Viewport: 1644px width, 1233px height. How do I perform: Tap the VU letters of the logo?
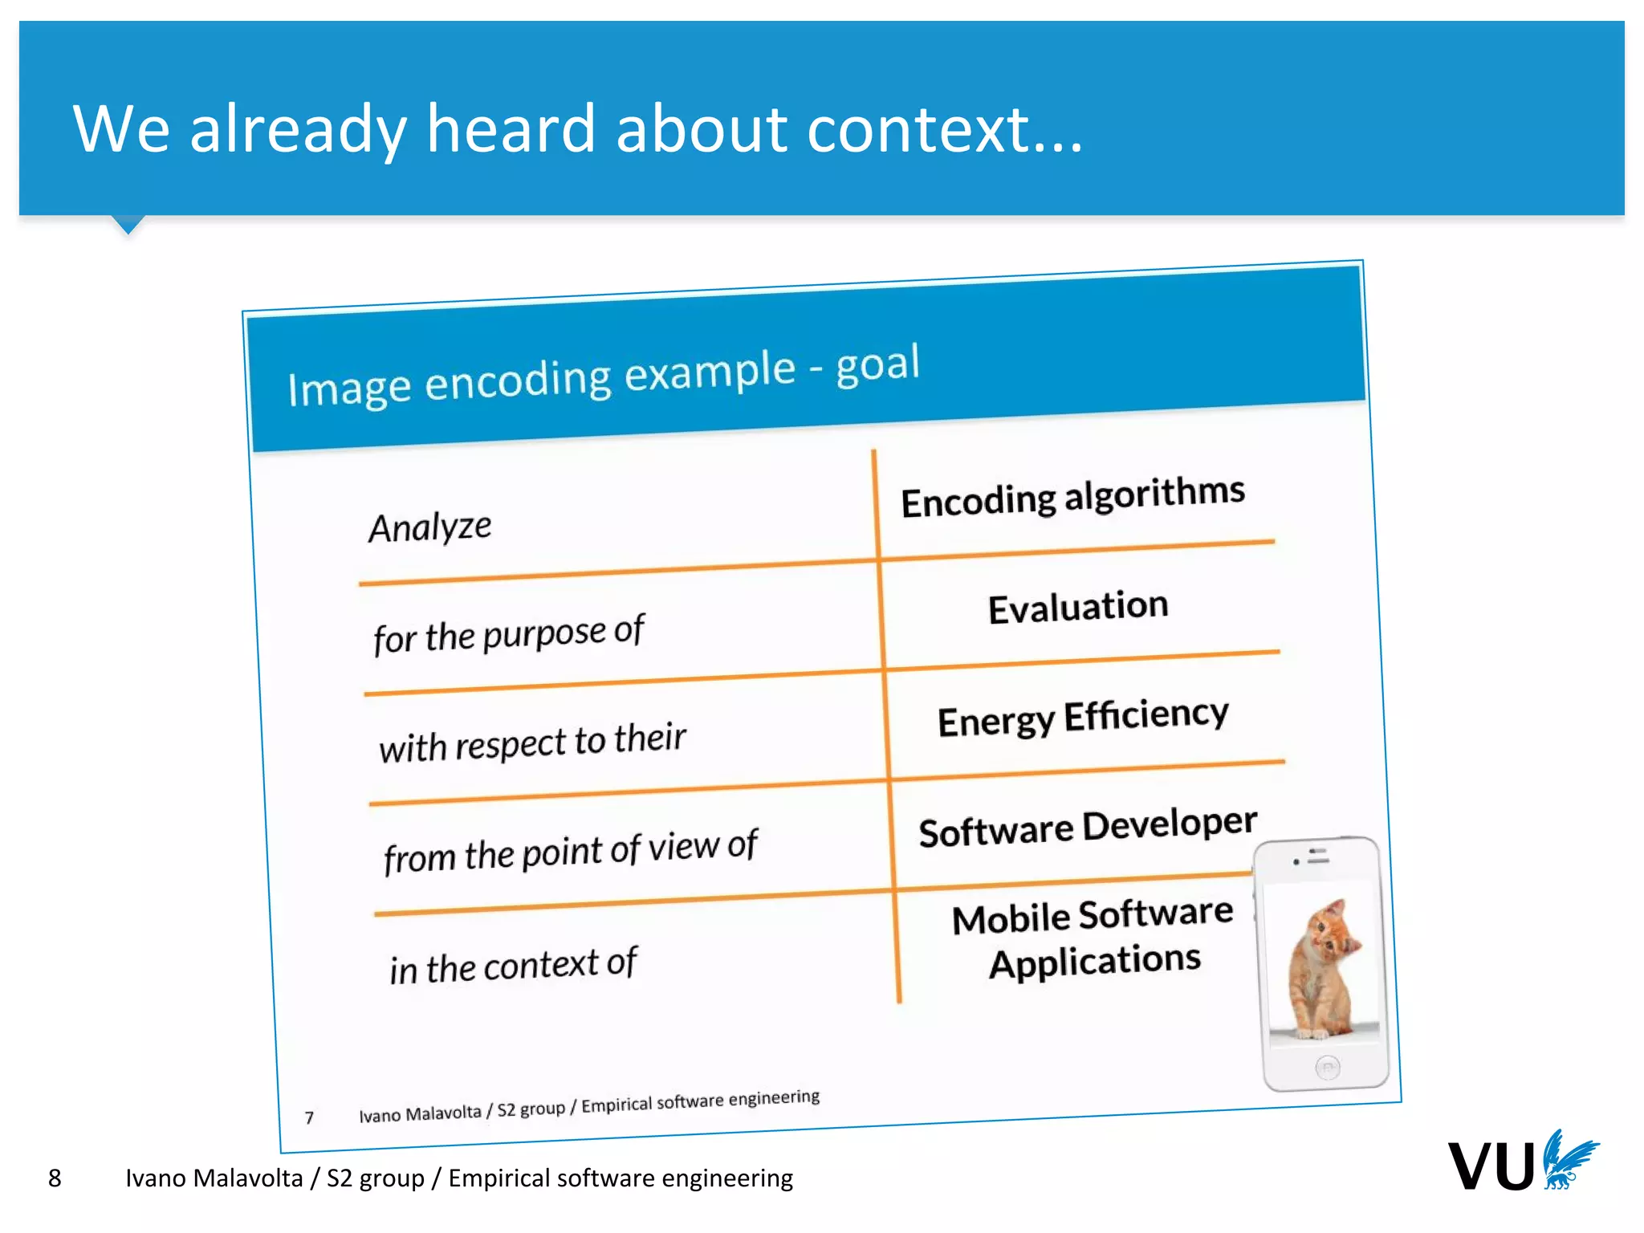point(1490,1166)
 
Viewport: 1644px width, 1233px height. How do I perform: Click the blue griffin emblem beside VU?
point(1569,1160)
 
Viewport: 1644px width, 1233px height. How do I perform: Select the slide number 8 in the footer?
point(55,1178)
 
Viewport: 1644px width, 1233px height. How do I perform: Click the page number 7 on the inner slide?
point(309,1117)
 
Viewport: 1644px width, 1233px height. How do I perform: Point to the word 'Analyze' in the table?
point(429,527)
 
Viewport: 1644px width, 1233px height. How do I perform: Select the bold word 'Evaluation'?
point(1077,607)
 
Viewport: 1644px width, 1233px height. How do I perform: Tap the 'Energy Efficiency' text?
point(1082,717)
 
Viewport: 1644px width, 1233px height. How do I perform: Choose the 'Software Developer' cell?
point(1087,827)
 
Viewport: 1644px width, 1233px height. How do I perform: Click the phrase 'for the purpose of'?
point(508,634)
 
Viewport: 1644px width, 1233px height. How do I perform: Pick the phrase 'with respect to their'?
point(532,743)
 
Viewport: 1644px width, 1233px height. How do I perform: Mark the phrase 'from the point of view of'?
point(570,851)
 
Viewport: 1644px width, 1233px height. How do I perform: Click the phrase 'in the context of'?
point(513,965)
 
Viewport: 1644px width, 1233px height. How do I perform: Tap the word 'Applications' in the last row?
point(1094,961)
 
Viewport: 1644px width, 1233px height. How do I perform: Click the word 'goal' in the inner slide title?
point(877,364)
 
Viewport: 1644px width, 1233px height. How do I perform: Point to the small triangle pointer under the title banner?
point(128,225)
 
